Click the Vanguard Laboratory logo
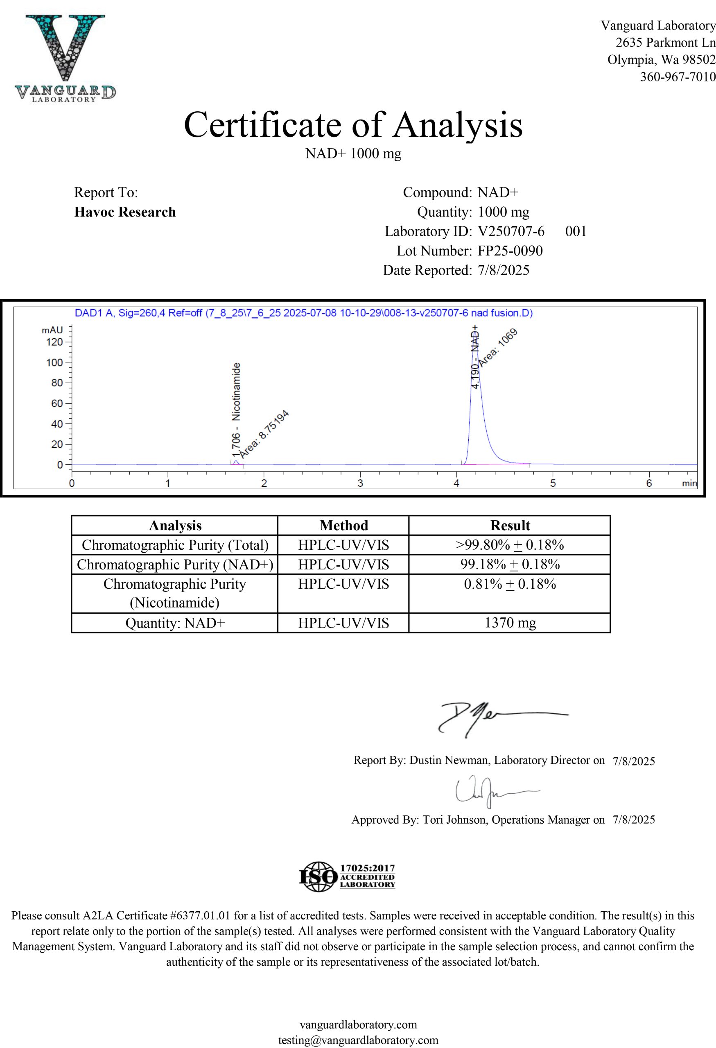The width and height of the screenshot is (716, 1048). pos(65,58)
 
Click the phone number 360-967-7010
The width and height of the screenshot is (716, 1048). pos(677,77)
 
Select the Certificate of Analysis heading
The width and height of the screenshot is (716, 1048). pos(353,124)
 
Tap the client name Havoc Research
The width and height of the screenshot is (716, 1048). pos(125,212)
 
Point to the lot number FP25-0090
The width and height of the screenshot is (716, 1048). pos(510,251)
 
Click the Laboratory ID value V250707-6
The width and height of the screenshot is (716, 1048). pos(511,231)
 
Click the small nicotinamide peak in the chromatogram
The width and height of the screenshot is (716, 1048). pos(236,461)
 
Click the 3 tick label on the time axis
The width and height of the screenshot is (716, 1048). pos(360,483)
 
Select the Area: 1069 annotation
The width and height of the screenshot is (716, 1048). pos(498,348)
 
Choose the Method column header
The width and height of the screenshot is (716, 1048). pos(343,525)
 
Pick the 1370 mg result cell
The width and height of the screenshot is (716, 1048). pos(510,623)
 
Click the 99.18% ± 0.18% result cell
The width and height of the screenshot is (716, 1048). pos(510,564)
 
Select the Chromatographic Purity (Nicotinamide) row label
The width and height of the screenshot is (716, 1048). pos(174,593)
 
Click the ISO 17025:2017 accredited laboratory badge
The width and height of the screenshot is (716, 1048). pos(347,876)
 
